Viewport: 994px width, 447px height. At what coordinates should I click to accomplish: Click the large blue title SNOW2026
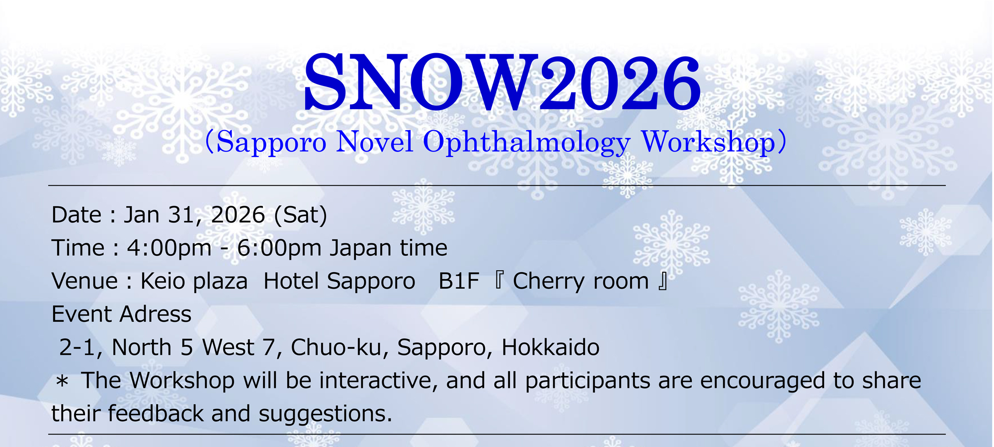(502, 82)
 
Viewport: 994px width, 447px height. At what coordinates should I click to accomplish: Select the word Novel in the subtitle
(375, 142)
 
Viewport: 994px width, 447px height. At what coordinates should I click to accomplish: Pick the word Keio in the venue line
(162, 281)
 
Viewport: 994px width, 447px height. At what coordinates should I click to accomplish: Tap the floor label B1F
(459, 281)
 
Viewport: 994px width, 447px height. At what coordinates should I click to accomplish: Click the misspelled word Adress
(156, 314)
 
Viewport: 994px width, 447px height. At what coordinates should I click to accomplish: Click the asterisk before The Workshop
(62, 381)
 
